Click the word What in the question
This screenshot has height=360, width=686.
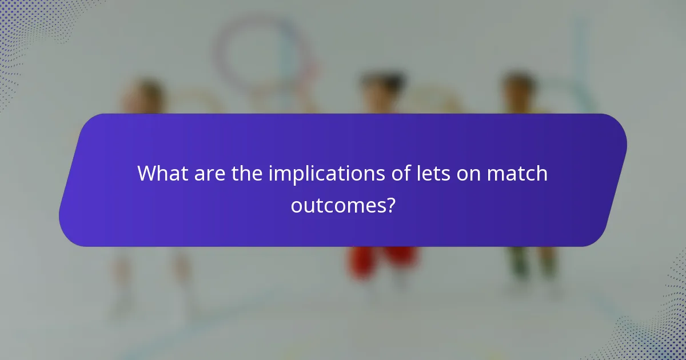coord(161,174)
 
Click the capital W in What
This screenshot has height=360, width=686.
coord(147,174)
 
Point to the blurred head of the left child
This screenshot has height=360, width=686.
coord(146,94)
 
